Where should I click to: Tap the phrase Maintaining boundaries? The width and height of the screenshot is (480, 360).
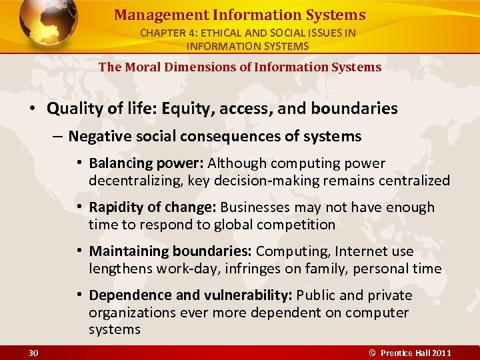(171, 251)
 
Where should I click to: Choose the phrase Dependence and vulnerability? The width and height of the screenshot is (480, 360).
(191, 295)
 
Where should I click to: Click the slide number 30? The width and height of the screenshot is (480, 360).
(33, 352)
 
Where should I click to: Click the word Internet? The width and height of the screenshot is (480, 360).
(355, 251)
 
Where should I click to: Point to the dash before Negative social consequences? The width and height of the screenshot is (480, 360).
(57, 137)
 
